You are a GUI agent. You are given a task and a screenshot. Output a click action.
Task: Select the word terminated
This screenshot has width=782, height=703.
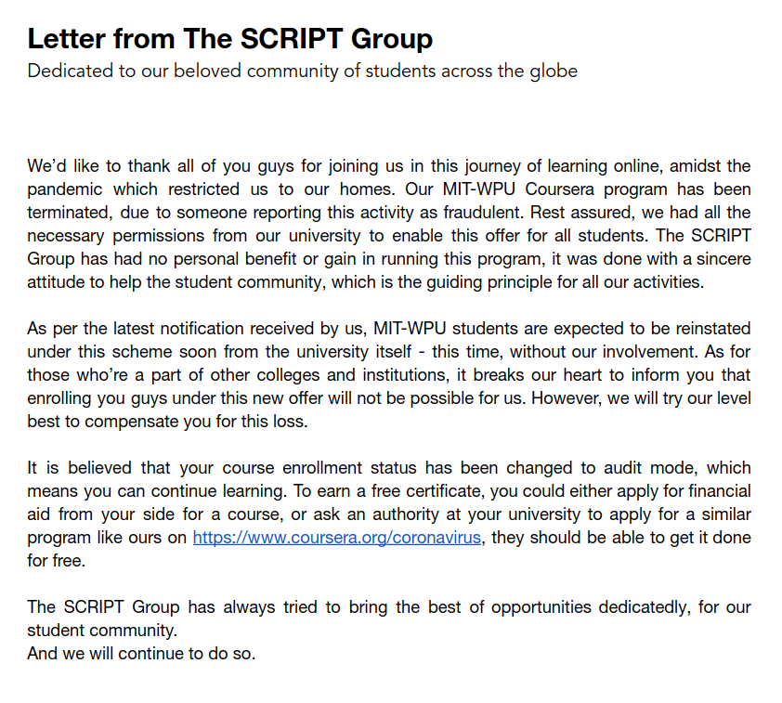point(69,213)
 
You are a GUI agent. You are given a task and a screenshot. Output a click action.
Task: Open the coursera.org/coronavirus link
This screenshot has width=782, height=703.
point(337,538)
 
